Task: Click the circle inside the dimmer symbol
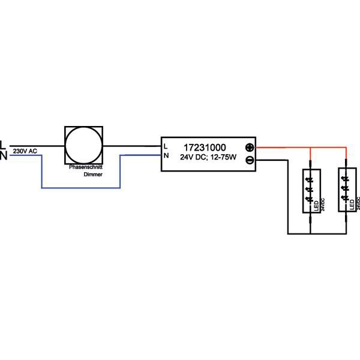point(83,146)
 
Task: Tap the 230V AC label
point(25,151)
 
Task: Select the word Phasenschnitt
point(85,166)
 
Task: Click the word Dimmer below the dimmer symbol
point(92,174)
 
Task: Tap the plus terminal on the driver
point(250,148)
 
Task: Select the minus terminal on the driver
point(250,160)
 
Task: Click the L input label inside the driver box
point(166,146)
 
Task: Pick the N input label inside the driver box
point(166,156)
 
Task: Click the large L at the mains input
point(3,145)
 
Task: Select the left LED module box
point(310,191)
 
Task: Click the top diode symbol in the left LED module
point(310,178)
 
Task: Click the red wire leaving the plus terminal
point(282,148)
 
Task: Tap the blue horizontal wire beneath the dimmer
point(81,188)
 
